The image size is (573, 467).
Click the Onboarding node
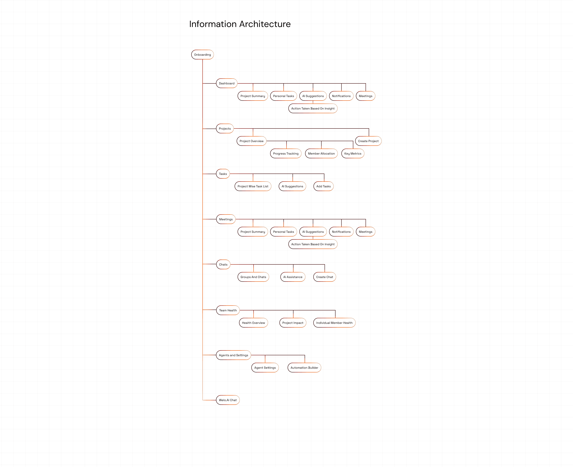point(202,55)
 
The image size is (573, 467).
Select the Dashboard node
point(227,83)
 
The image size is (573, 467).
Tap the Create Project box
point(368,141)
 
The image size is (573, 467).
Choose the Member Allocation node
point(321,154)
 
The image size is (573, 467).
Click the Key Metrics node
point(353,154)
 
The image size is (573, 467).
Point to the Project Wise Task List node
point(253,186)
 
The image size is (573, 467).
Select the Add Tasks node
point(323,186)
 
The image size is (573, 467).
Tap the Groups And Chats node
point(253,277)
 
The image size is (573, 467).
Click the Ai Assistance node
point(293,277)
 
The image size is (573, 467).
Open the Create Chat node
point(324,277)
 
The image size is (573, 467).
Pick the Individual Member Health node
point(334,323)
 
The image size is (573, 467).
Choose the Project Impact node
point(293,323)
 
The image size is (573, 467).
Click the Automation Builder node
point(304,368)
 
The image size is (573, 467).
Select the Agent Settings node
point(265,368)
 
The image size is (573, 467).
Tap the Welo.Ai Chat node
point(228,400)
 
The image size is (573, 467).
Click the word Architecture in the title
point(265,24)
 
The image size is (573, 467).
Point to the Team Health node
point(228,310)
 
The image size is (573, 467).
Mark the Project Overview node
point(251,141)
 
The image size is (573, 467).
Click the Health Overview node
point(253,323)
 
